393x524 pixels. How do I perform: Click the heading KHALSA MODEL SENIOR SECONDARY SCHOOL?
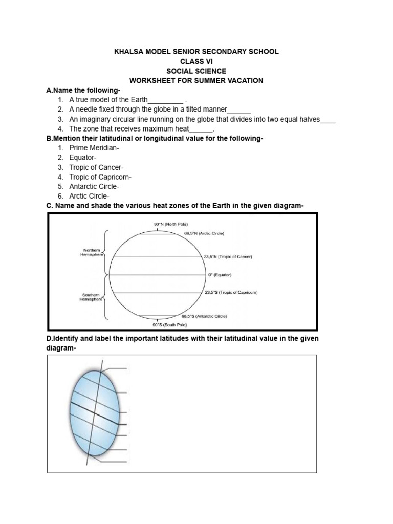pyautogui.click(x=196, y=52)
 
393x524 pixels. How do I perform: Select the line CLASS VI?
pyautogui.click(x=196, y=61)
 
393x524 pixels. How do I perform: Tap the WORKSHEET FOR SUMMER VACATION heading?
pyautogui.click(x=196, y=81)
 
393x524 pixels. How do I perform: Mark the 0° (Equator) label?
pyautogui.click(x=220, y=275)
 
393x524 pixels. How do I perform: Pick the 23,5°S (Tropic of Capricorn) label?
pyautogui.click(x=231, y=292)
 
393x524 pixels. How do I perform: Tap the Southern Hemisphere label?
pyautogui.click(x=93, y=297)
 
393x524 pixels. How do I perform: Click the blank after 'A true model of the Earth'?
pyautogui.click(x=165, y=101)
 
